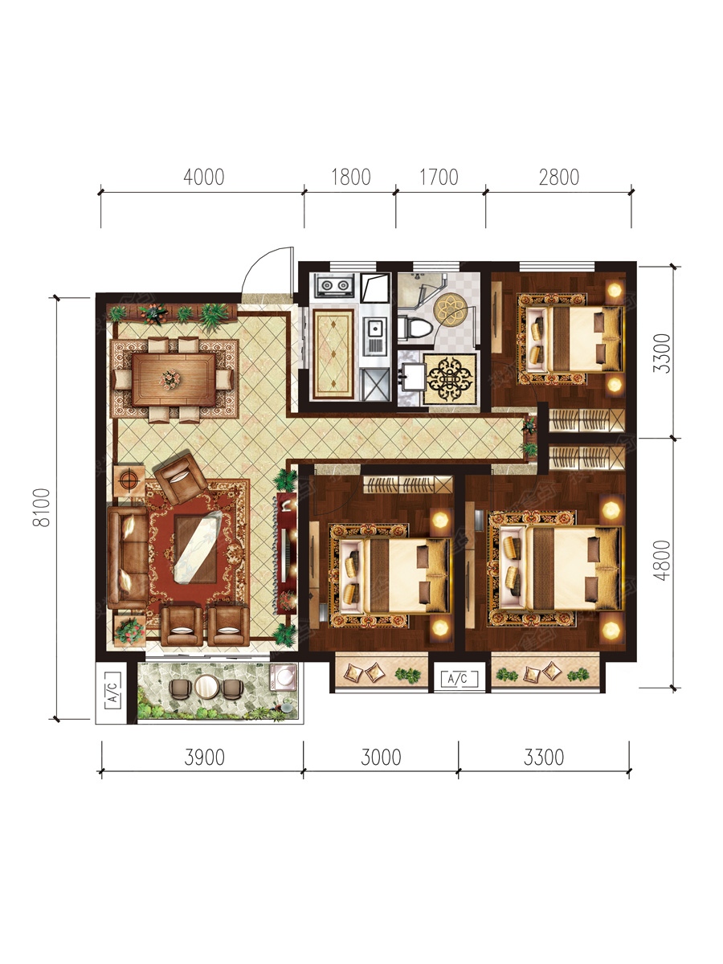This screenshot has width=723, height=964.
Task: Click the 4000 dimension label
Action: (x=204, y=177)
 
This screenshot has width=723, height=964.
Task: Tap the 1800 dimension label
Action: (x=351, y=177)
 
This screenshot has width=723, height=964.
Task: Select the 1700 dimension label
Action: (x=439, y=177)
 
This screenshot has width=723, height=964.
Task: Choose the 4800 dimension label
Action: (x=661, y=560)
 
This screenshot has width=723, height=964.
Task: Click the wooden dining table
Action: (x=174, y=379)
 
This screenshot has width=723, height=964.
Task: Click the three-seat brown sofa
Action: (x=128, y=558)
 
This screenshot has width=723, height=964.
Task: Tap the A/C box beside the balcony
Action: (x=112, y=692)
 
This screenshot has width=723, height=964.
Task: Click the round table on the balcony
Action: (x=206, y=687)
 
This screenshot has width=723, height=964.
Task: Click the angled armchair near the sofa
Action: (x=181, y=478)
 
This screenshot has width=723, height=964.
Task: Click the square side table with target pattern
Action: (x=129, y=480)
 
